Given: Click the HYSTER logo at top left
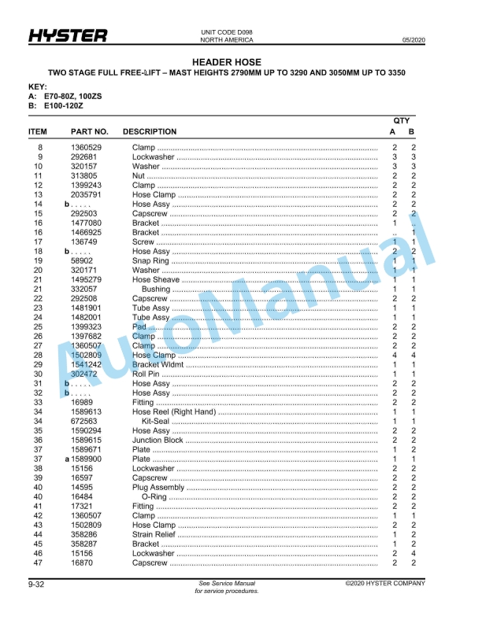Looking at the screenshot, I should [x=68, y=36].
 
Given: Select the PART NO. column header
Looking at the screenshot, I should [x=90, y=131].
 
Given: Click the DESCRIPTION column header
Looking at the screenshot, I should [x=150, y=131].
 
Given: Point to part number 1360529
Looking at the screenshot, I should [x=87, y=148].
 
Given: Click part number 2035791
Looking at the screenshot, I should [x=87, y=195].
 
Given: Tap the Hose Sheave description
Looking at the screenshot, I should [x=155, y=280].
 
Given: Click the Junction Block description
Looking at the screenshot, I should [x=158, y=441].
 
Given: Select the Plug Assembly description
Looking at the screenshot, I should [x=158, y=488].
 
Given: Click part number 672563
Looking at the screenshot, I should [x=84, y=422].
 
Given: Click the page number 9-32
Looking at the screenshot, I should [x=36, y=584].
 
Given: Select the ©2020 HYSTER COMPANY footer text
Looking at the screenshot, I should [x=384, y=584].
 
